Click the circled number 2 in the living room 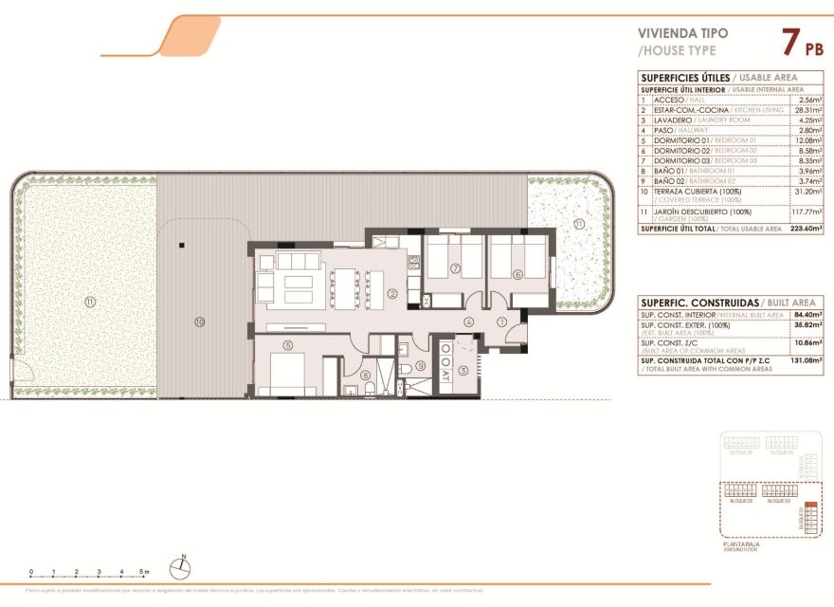[x=391, y=293]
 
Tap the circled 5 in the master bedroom [x=287, y=345]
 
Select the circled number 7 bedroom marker [x=456, y=269]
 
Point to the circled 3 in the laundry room [x=463, y=370]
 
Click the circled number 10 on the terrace [x=199, y=322]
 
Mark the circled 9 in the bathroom [x=420, y=365]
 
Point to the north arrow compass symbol [x=181, y=568]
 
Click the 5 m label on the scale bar [x=143, y=573]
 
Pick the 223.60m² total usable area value [x=806, y=229]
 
